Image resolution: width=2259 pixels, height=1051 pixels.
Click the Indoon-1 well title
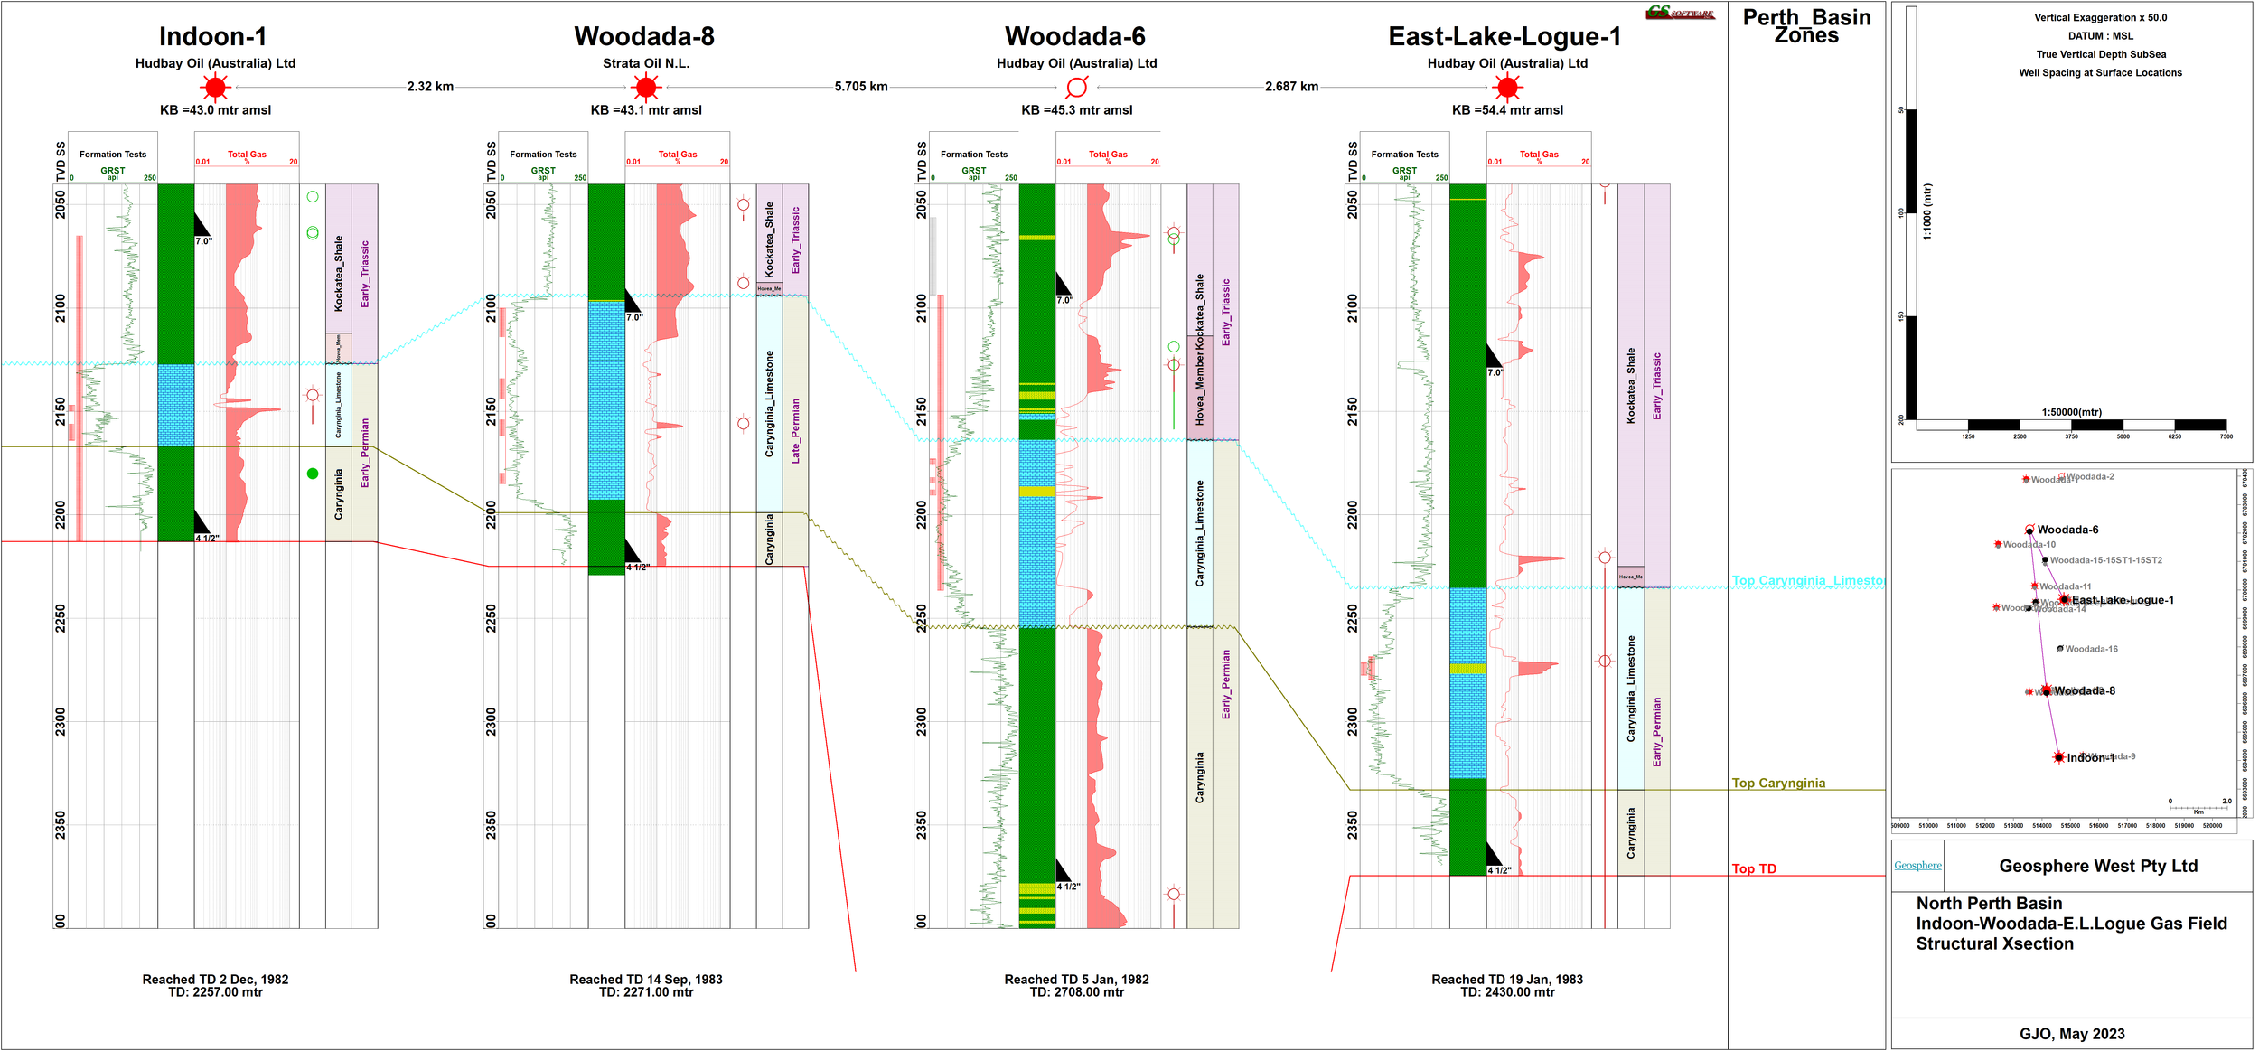[x=212, y=37]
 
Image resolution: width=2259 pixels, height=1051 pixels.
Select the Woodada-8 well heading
[x=644, y=37]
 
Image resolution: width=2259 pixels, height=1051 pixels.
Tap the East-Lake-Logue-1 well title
[x=1504, y=37]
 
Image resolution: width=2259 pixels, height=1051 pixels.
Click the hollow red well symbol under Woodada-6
[x=1076, y=88]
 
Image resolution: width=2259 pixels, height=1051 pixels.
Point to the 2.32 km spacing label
[x=430, y=87]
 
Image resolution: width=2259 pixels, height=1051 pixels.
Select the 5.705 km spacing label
[x=860, y=87]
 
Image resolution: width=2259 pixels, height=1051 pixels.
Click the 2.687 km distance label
[x=1291, y=87]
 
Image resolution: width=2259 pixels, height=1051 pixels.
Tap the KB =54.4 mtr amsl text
[x=1507, y=110]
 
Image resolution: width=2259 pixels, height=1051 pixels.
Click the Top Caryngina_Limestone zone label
[x=1807, y=581]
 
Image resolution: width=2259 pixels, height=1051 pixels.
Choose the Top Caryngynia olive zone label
[x=1778, y=784]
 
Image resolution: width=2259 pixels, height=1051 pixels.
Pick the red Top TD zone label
[x=1754, y=869]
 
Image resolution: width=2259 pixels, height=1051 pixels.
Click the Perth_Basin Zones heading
[x=1806, y=26]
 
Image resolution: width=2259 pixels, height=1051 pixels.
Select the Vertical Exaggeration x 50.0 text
[x=2100, y=17]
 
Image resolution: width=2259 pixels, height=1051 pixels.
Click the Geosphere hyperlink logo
[x=1917, y=866]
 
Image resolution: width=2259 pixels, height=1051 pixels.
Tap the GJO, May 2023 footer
[x=2072, y=1034]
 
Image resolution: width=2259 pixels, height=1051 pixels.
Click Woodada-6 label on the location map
[x=2067, y=530]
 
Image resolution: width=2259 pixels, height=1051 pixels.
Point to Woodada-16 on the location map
[x=2091, y=649]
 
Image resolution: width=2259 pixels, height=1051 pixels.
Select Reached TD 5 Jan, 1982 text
[x=1076, y=980]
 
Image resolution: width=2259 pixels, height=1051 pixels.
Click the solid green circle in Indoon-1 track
[x=313, y=474]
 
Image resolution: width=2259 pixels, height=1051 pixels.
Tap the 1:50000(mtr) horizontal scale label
[x=2071, y=412]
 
